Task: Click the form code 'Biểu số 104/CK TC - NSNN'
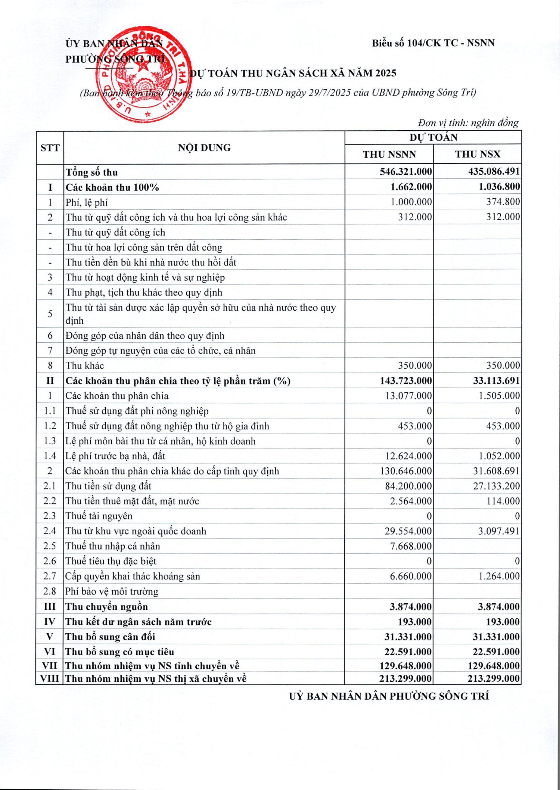pos(433,43)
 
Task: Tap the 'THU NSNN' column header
pos(389,154)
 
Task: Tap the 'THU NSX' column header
pos(478,154)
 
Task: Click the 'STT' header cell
pos(50,148)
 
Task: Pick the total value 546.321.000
pos(406,172)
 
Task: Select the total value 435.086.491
pos(494,172)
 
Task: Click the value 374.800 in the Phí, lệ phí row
pos(503,202)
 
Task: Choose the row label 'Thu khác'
pos(85,365)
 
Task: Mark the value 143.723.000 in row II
pos(406,381)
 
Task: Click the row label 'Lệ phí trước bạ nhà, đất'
pos(116,456)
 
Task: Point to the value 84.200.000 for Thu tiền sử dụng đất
pos(408,486)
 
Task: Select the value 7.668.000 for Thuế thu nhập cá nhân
pos(411,546)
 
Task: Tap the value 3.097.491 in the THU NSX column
pos(498,531)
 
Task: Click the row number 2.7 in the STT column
pos(50,576)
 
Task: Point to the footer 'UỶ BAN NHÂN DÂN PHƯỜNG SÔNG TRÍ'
pos(389,696)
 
